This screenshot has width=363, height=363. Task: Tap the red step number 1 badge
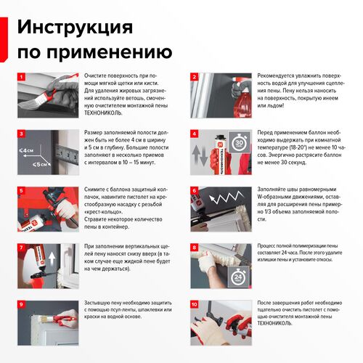pyautogui.click(x=21, y=76)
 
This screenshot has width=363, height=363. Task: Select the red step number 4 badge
pyautogui.click(x=195, y=134)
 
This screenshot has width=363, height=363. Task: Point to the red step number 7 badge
pyautogui.click(x=21, y=248)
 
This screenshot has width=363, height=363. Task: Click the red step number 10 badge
pyautogui.click(x=195, y=305)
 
